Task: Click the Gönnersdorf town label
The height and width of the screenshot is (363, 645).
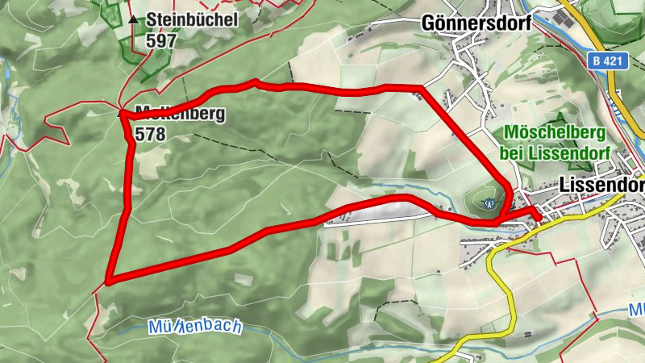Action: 476,23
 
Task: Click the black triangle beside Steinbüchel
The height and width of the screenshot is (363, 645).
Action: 133,19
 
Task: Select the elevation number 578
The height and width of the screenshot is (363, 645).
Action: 151,134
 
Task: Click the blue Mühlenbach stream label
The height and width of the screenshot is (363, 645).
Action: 195,328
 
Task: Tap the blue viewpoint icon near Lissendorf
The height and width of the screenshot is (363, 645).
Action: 487,204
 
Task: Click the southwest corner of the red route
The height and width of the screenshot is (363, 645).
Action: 108,282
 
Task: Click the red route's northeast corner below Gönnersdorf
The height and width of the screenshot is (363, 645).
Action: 422,87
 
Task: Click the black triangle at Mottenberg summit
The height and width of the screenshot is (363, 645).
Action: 123,113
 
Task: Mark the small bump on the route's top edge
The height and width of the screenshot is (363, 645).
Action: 256,81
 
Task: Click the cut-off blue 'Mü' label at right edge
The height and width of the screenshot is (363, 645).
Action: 636,309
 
